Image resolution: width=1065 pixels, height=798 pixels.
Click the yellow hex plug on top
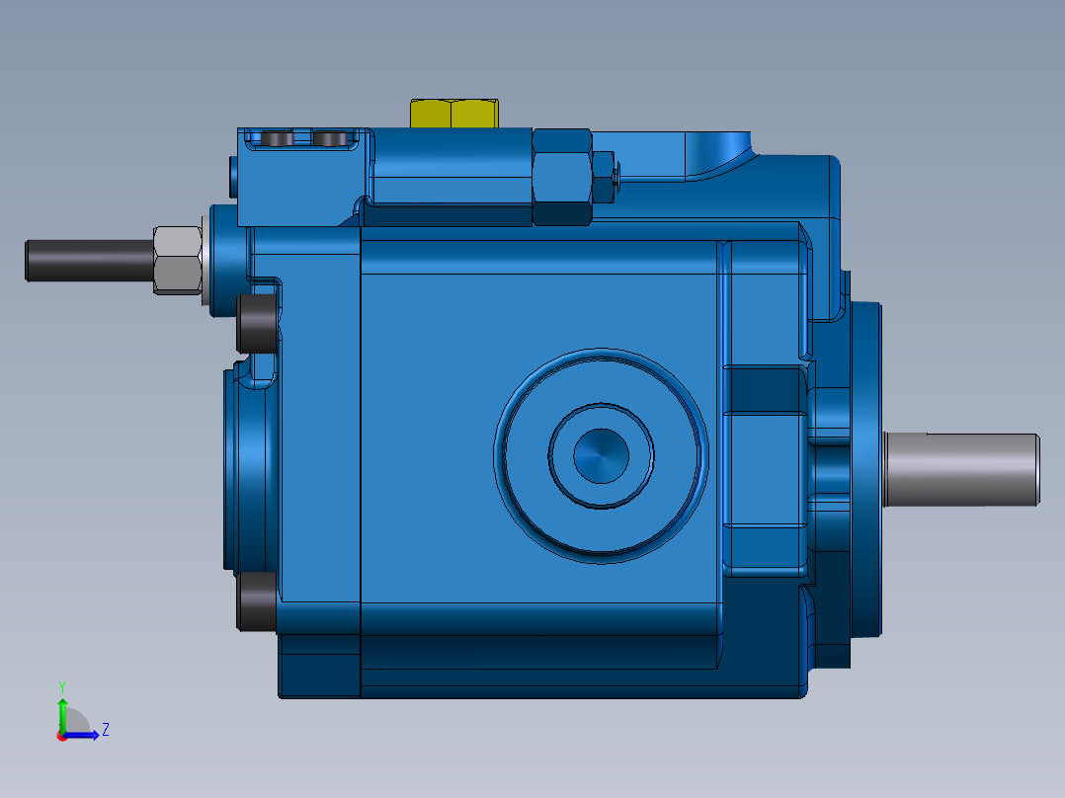(x=453, y=114)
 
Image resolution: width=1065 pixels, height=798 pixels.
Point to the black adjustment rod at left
(x=89, y=260)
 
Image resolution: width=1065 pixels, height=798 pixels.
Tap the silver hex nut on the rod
(x=178, y=260)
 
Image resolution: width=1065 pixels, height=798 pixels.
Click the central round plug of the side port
(x=601, y=456)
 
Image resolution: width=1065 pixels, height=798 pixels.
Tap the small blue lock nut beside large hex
(x=604, y=176)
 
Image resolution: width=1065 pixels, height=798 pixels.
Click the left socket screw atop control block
(x=279, y=139)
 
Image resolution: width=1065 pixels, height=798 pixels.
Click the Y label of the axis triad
(x=61, y=685)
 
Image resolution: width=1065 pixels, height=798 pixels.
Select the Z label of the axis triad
(x=105, y=730)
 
